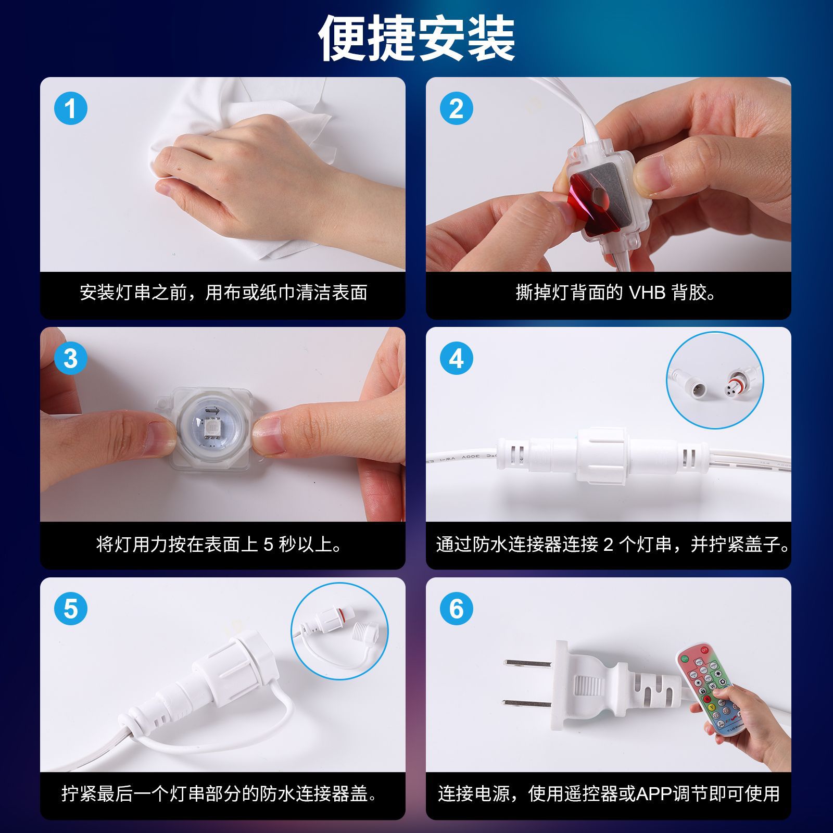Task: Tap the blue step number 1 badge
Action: [71, 109]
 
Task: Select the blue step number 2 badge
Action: [457, 109]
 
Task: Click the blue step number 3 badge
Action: [71, 358]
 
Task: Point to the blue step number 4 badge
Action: [457, 358]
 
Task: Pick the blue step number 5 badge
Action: [71, 609]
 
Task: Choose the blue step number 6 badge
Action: [457, 609]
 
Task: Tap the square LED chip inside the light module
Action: [212, 429]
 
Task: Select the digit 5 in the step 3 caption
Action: [268, 545]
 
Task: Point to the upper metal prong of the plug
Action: [527, 663]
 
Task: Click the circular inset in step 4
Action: [715, 381]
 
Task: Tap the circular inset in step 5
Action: [339, 631]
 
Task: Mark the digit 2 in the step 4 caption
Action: [608, 545]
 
